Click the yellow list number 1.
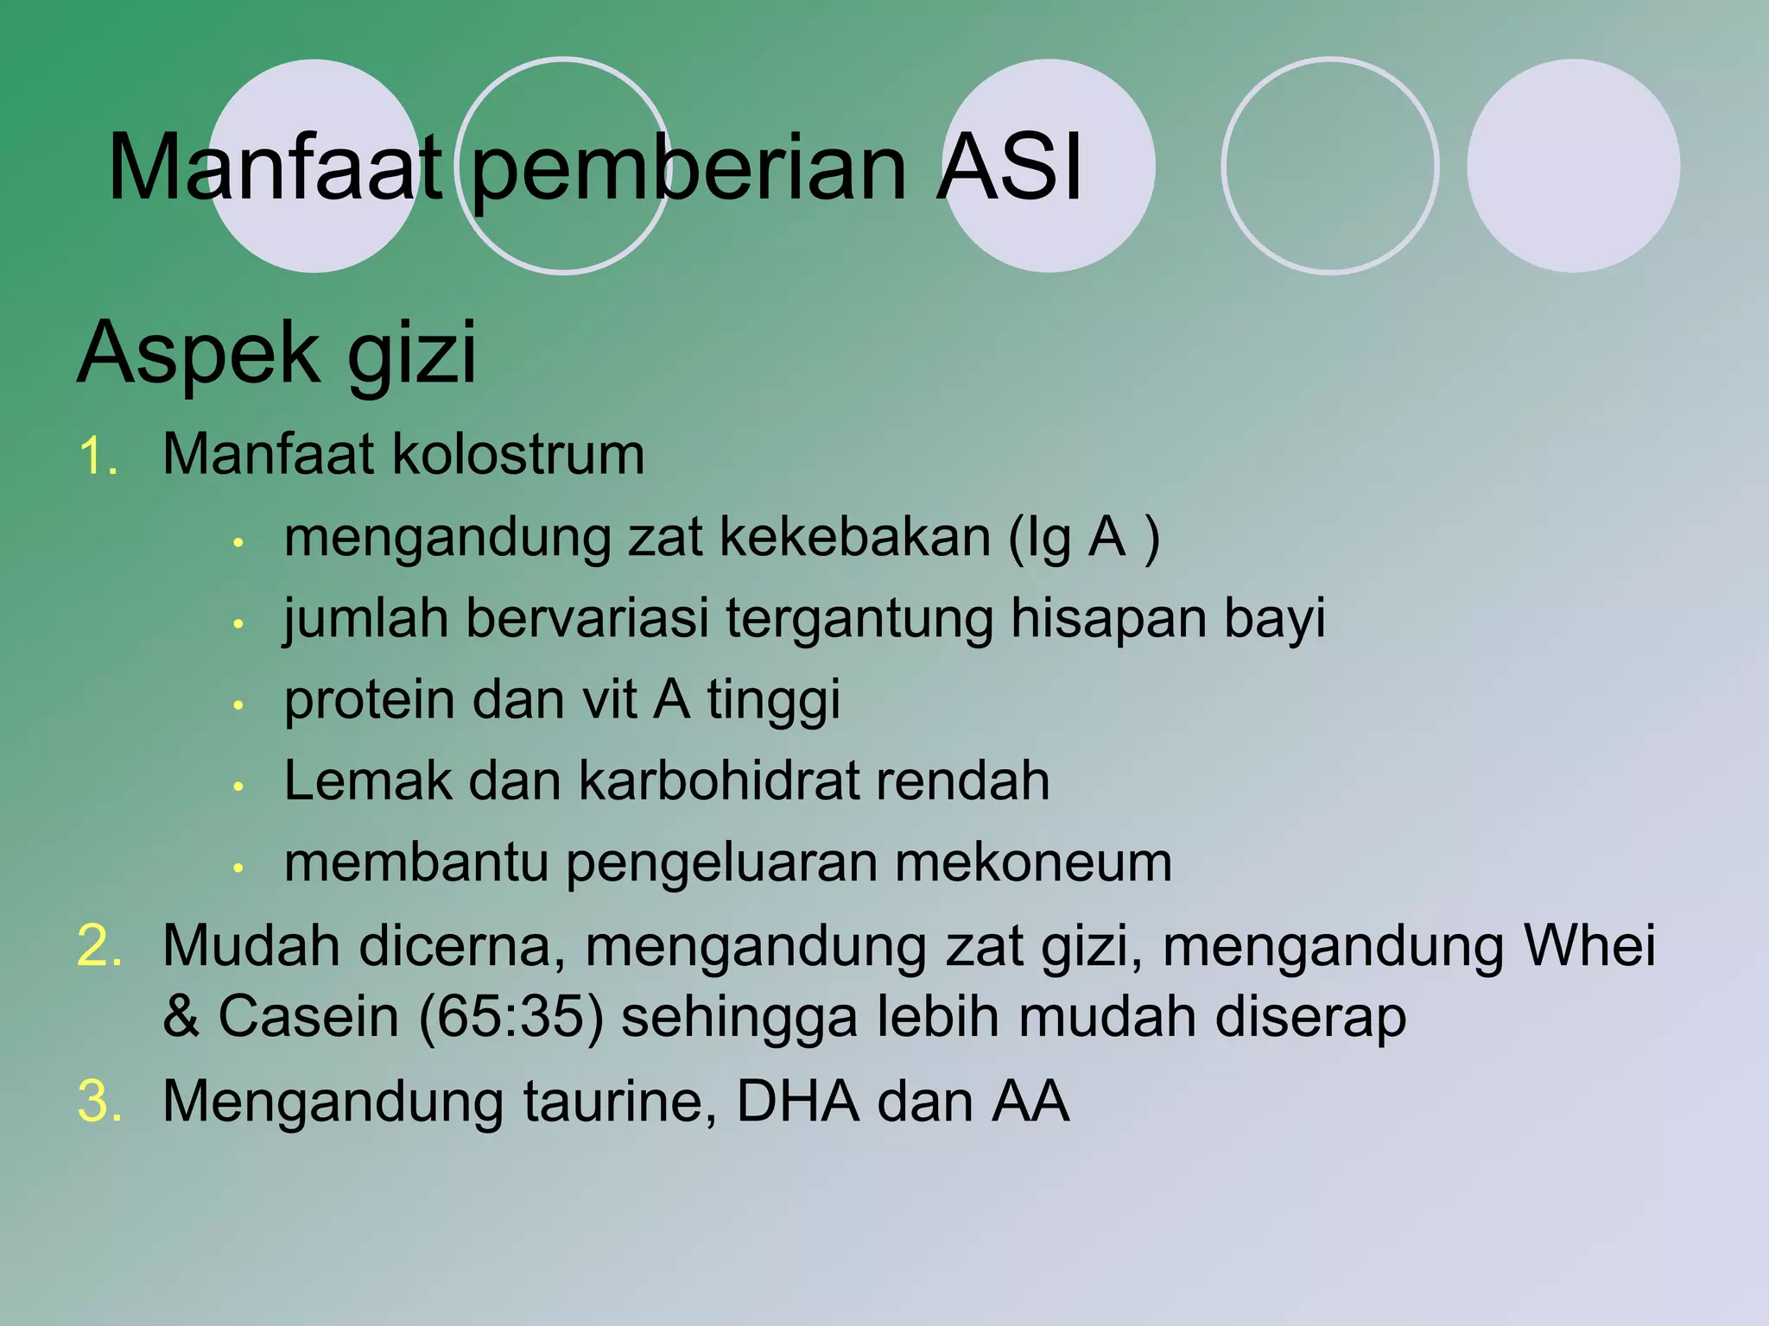[96, 457]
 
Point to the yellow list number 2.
[98, 946]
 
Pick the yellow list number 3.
[98, 1102]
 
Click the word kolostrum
[518, 454]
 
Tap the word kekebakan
[854, 537]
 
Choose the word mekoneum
[1033, 862]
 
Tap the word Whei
[1588, 945]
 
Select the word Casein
[308, 1017]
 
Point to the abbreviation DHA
[798, 1102]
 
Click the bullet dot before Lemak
[239, 786]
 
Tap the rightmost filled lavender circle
[1573, 166]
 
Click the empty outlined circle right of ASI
[1330, 166]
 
